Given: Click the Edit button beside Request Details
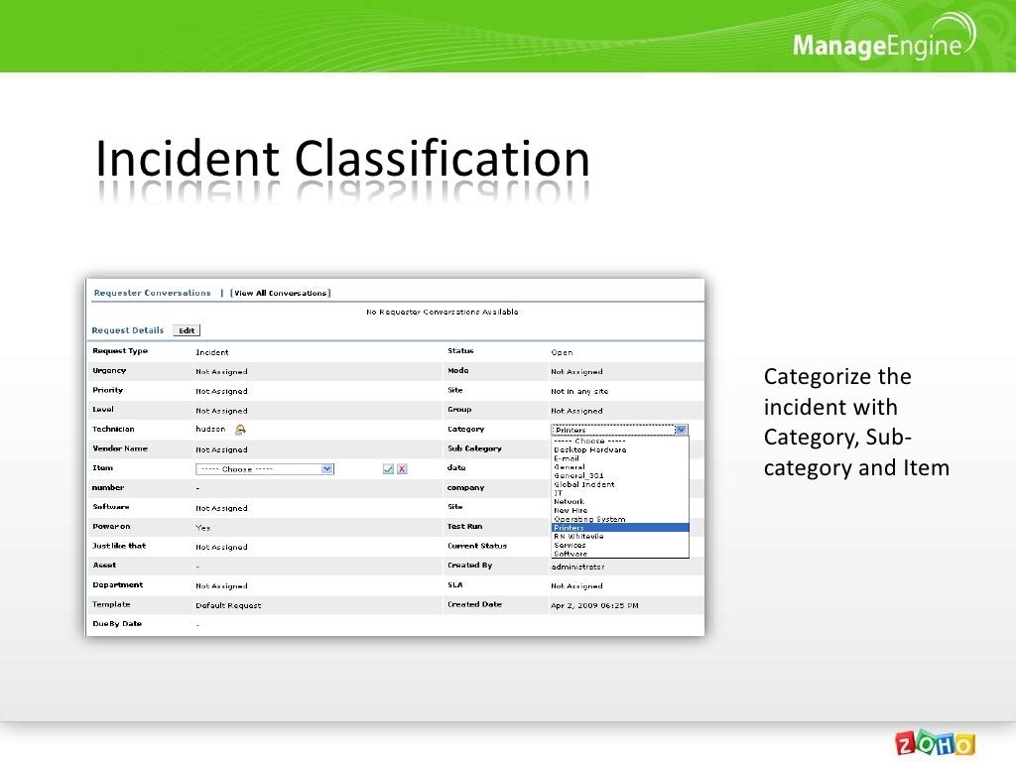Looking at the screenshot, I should tap(187, 331).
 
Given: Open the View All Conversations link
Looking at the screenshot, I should tap(281, 294).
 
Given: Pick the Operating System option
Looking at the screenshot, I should tap(589, 519).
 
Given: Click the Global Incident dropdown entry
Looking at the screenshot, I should tap(584, 485).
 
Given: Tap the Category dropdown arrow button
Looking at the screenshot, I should tap(681, 431).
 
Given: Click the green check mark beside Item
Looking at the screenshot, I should tap(388, 469).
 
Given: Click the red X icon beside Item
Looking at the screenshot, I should tap(402, 469).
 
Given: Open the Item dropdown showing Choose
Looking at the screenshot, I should tap(264, 469).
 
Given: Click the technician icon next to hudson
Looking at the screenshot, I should tap(240, 430).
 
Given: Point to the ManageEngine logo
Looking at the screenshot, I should tap(877, 45).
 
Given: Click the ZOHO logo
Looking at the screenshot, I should tap(936, 744).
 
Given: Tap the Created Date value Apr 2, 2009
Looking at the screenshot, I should tap(594, 605).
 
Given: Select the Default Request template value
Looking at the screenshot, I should tap(228, 605).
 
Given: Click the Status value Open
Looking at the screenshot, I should tap(562, 352).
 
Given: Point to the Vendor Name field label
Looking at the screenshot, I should tap(119, 448).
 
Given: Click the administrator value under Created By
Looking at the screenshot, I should tap(577, 567).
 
